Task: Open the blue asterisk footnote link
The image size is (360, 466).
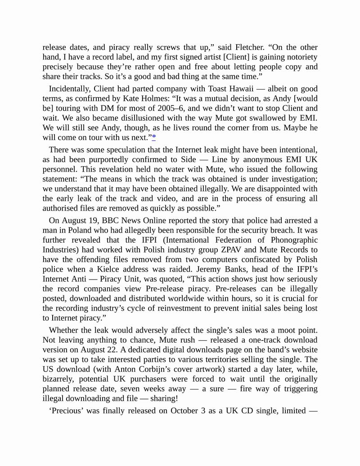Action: tap(154, 137)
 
